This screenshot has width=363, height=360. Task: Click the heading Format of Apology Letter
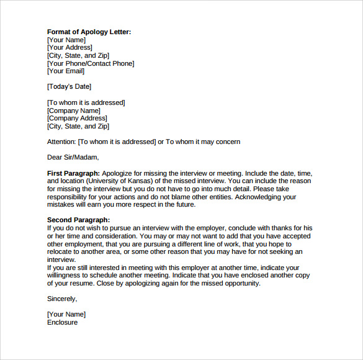pyautogui.click(x=89, y=32)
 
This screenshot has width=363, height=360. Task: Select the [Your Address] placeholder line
pyautogui.click(x=69, y=47)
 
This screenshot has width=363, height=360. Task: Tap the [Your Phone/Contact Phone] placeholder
pyautogui.click(x=91, y=63)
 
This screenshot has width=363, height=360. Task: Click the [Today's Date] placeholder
pyautogui.click(x=69, y=87)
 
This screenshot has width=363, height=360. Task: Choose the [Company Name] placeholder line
pyautogui.click(x=73, y=110)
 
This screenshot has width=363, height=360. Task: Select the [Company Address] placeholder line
pyautogui.click(x=77, y=119)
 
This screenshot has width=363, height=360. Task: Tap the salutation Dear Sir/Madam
pyautogui.click(x=73, y=158)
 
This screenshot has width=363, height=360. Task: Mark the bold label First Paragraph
pyautogui.click(x=73, y=173)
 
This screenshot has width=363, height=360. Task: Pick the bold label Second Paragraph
pyautogui.click(x=78, y=220)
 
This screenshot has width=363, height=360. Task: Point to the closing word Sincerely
pyautogui.click(x=62, y=299)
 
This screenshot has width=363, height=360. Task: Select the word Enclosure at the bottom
pyautogui.click(x=62, y=323)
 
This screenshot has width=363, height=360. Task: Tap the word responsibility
pyautogui.click(x=69, y=197)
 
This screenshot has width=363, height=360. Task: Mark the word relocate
pyautogui.click(x=63, y=252)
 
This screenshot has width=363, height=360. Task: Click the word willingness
pyautogui.click(x=66, y=276)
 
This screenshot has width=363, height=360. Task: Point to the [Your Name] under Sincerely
pyautogui.click(x=66, y=315)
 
